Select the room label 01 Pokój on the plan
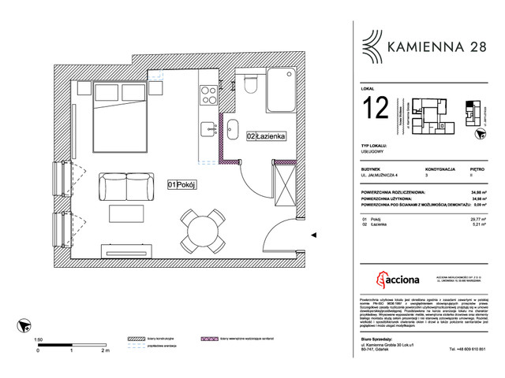pyautogui.click(x=181, y=184)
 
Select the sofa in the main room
pyautogui.click(x=125, y=188)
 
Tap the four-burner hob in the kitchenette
pyautogui.click(x=208, y=96)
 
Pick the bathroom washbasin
pyautogui.click(x=234, y=129)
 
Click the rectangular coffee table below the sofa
pyautogui.click(x=126, y=214)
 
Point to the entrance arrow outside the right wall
pyautogui.click(x=314, y=234)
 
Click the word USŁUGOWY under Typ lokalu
pyautogui.click(x=371, y=153)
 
